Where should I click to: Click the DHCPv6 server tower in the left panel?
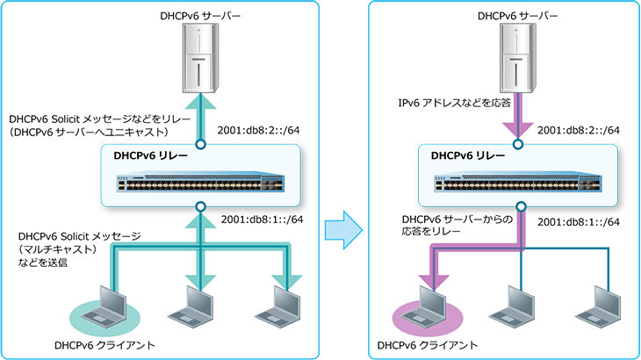click(x=200, y=58)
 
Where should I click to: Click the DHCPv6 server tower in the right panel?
click(x=518, y=58)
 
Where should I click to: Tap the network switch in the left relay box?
click(x=200, y=184)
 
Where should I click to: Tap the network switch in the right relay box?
click(x=518, y=184)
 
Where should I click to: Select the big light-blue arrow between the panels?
click(x=343, y=230)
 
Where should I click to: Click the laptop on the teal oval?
click(x=104, y=306)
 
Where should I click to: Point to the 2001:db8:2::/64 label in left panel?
click(x=258, y=130)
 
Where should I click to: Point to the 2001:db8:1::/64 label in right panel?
click(x=579, y=222)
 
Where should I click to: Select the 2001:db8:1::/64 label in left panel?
click(x=262, y=220)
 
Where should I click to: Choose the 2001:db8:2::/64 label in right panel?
click(x=579, y=130)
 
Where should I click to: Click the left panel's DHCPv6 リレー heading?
click(x=150, y=155)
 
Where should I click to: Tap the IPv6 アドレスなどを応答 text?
click(x=455, y=103)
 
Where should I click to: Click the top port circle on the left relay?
click(x=200, y=144)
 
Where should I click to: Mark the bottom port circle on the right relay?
click(x=521, y=206)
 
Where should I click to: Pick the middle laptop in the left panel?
click(x=191, y=306)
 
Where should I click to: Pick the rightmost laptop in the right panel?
click(x=599, y=306)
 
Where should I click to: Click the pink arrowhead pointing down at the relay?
click(x=518, y=130)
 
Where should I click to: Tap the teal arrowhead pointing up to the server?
click(x=200, y=101)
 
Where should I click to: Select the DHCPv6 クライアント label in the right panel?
click(x=428, y=345)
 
